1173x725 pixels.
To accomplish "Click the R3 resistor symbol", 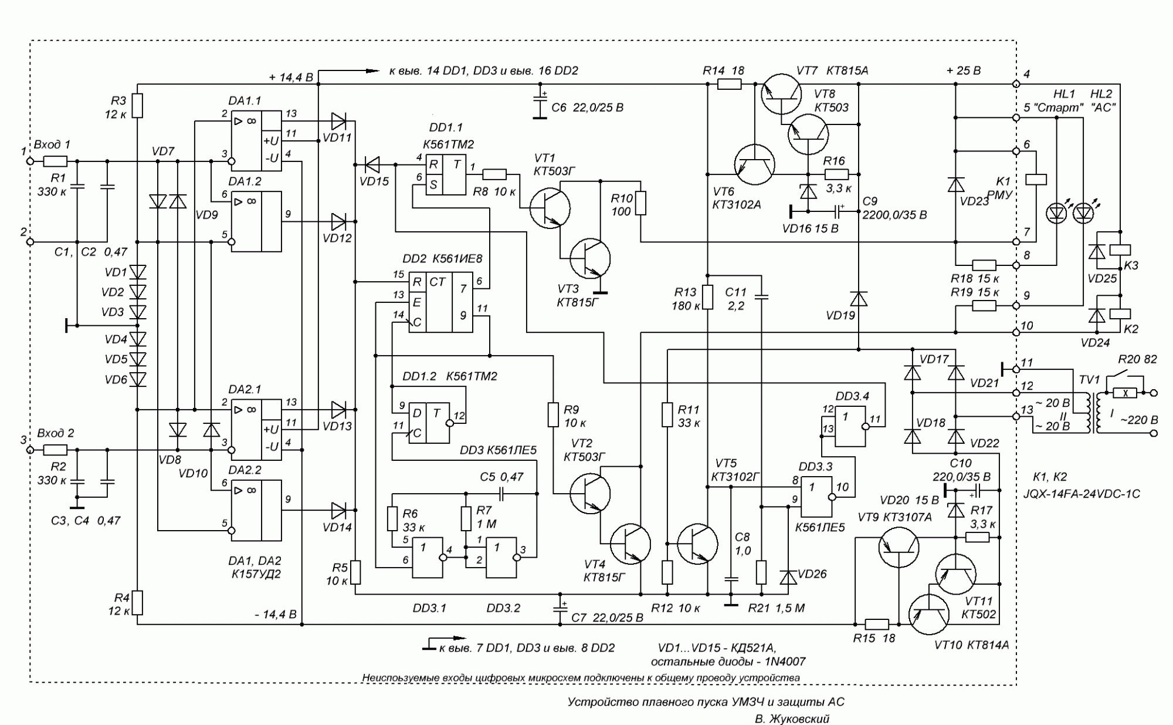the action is [x=137, y=106].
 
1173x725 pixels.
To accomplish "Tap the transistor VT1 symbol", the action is [x=550, y=207].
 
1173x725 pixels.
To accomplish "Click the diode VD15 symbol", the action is [x=372, y=164].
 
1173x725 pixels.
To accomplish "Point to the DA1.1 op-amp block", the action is [x=256, y=141].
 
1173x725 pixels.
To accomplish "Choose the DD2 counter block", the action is [x=440, y=302].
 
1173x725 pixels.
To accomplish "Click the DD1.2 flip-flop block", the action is [x=429, y=423].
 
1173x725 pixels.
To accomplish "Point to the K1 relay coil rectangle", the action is [x=1035, y=179].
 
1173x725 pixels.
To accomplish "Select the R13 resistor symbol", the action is [x=708, y=297].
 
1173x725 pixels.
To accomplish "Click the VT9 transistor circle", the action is [x=898, y=547].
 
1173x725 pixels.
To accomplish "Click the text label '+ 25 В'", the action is [x=963, y=71].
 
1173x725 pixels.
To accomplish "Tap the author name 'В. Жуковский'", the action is [x=792, y=719].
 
